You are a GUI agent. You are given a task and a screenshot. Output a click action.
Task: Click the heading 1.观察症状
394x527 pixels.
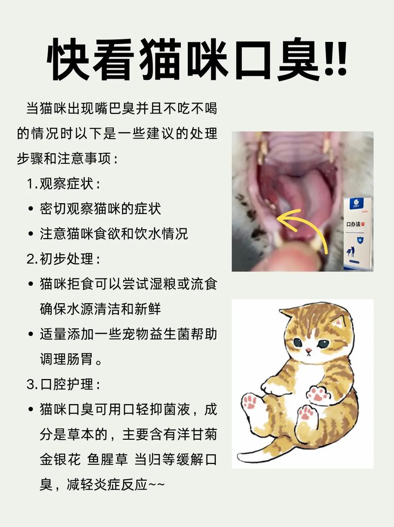[64, 184]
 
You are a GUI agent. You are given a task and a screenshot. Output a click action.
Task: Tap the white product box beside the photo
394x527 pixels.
[358, 234]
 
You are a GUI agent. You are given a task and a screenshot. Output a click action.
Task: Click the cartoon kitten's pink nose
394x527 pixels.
[308, 351]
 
